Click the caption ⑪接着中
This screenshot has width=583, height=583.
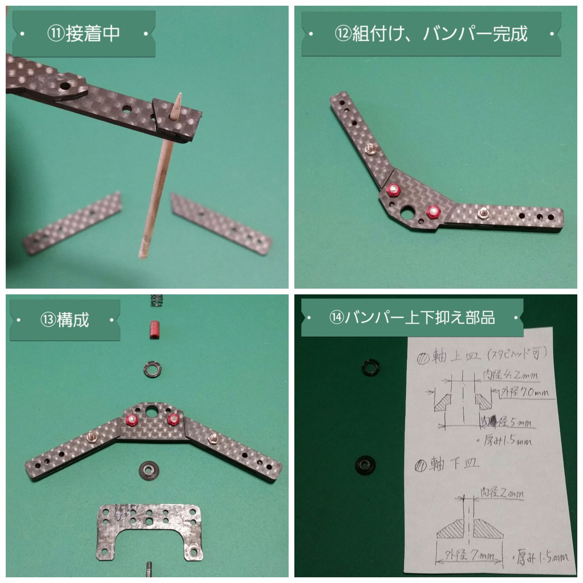(83, 34)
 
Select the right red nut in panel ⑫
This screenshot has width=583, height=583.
(432, 212)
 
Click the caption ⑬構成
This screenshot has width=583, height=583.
(65, 320)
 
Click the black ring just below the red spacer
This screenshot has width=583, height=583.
(152, 368)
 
